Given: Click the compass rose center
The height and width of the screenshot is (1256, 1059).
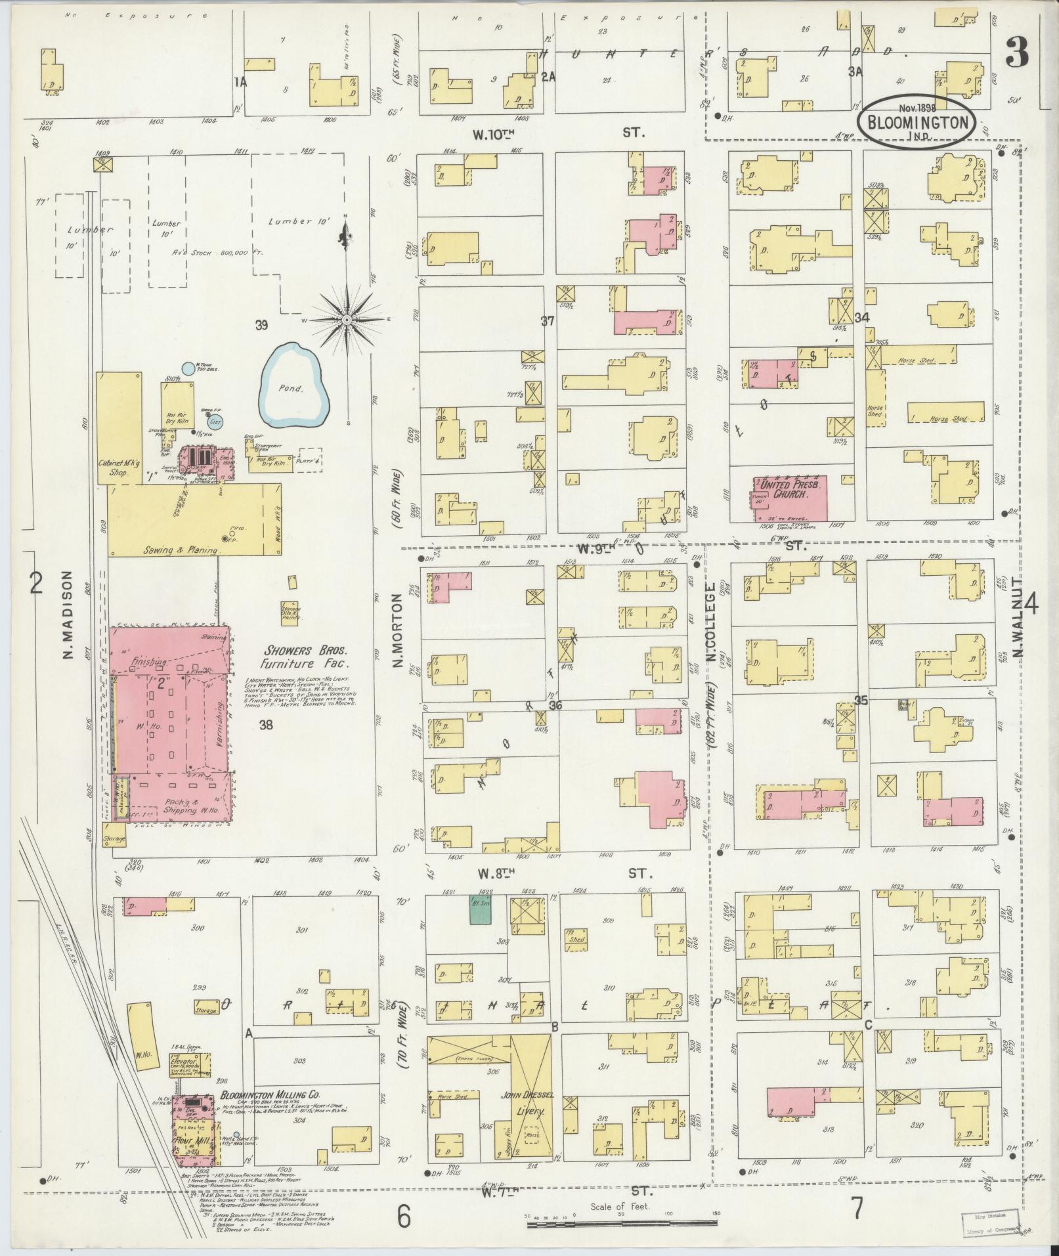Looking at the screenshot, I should tap(346, 320).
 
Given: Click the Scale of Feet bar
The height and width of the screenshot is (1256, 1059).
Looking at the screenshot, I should tap(620, 1215).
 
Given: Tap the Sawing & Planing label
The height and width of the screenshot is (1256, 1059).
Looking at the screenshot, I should tap(181, 551).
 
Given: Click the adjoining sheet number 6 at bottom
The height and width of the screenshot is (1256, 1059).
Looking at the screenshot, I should tap(403, 1216).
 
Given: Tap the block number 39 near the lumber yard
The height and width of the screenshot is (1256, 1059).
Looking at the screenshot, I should tap(263, 325).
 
